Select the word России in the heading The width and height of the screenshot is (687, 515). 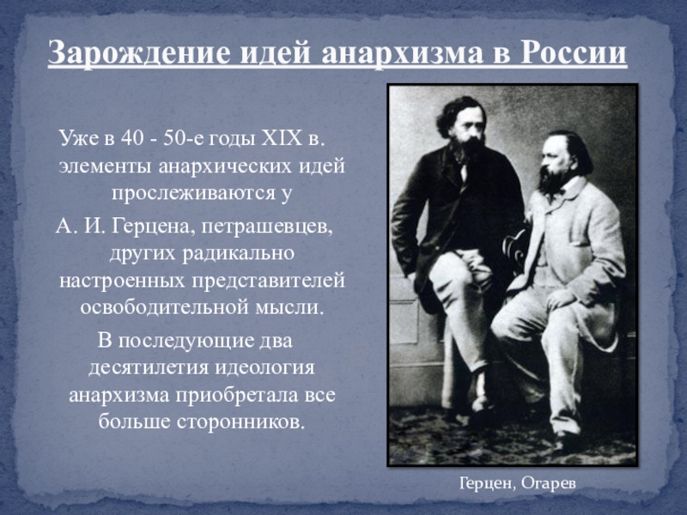click(574, 52)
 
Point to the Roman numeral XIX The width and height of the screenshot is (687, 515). click(282, 138)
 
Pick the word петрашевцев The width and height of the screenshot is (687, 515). click(267, 227)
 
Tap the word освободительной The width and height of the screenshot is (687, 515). click(163, 307)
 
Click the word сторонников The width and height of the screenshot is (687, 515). click(240, 421)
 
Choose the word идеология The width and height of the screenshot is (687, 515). click(264, 368)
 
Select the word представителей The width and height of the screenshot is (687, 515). click(268, 282)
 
